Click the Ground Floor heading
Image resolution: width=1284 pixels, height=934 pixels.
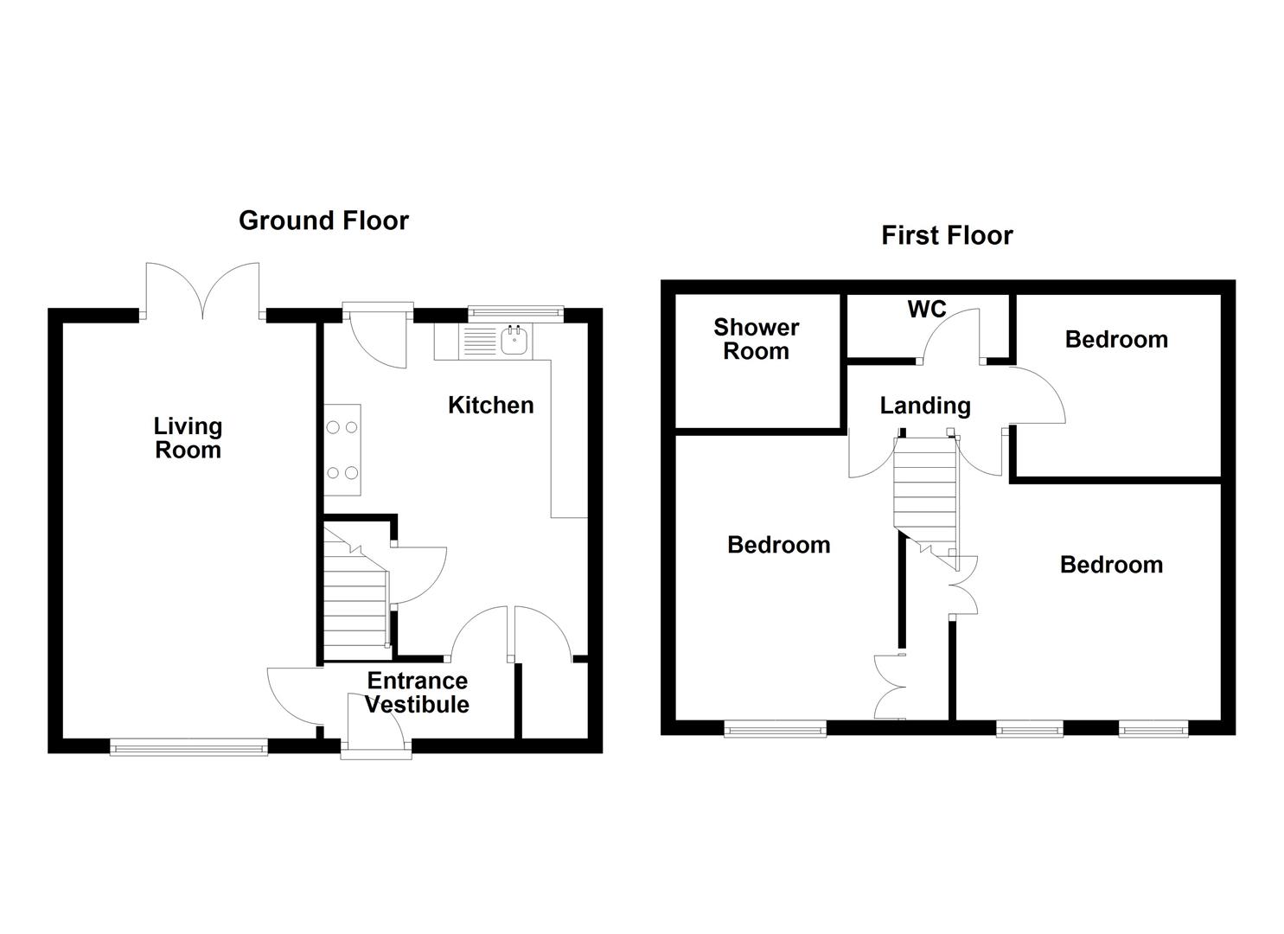click(323, 221)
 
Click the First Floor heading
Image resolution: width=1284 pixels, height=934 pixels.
click(947, 235)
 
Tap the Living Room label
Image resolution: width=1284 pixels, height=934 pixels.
click(188, 438)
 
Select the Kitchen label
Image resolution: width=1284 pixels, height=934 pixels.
click(490, 405)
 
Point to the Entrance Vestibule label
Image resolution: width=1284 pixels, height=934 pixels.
click(417, 692)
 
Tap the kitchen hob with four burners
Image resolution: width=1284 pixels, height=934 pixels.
click(342, 450)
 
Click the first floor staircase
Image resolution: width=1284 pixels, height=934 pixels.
click(925, 493)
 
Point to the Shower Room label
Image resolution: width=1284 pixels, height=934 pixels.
click(756, 339)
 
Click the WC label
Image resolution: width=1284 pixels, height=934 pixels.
click(927, 309)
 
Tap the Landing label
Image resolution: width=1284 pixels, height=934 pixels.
click(925, 405)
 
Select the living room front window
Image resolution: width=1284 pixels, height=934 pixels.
click(188, 746)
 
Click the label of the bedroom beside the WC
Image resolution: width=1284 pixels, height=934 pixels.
click(1116, 339)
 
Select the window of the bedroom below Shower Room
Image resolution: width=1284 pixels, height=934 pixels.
click(775, 729)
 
